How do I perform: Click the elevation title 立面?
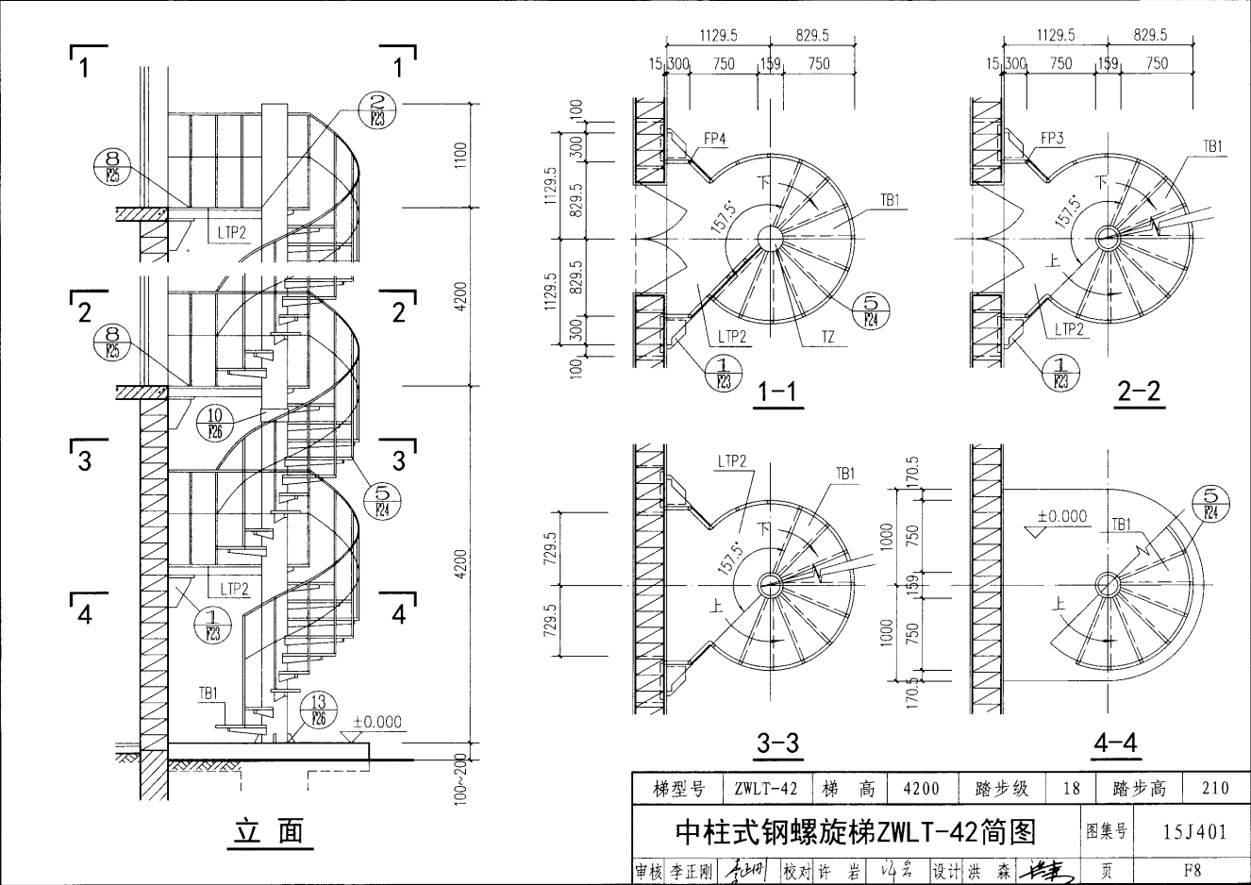(x=270, y=831)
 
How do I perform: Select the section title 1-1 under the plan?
(x=777, y=391)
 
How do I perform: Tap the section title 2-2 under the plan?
(x=1139, y=391)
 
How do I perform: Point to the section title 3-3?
(x=777, y=743)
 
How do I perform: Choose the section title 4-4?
(x=1115, y=743)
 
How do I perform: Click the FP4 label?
(x=715, y=138)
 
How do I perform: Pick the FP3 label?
(x=1052, y=138)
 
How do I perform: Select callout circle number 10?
(x=214, y=421)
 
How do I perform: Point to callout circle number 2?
(x=377, y=110)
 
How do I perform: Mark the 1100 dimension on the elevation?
(x=460, y=155)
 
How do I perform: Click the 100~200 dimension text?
(x=459, y=777)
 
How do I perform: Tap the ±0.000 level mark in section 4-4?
(x=1061, y=516)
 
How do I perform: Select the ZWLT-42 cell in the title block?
(x=765, y=788)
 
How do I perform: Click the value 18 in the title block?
(x=1071, y=788)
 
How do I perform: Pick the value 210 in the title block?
(x=1216, y=788)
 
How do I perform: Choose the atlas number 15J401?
(x=1194, y=831)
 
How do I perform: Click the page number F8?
(x=1193, y=870)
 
